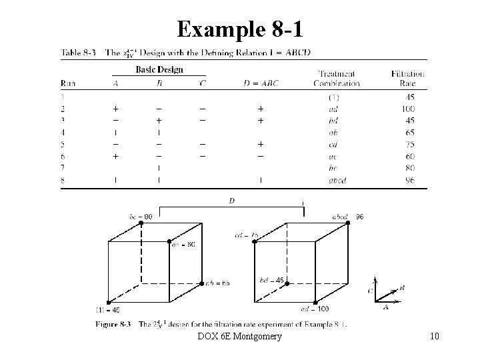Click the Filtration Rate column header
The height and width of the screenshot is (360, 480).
pos(407,78)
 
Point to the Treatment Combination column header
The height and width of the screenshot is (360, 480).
pos(337,78)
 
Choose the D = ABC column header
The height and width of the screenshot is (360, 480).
pos(260,83)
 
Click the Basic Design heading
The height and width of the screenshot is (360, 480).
pos(159,69)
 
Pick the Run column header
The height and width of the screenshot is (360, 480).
pos(68,83)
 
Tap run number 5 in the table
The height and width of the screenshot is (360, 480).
pos(63,145)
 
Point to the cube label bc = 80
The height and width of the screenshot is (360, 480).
pos(141,216)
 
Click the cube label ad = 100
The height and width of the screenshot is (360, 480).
pos(315,309)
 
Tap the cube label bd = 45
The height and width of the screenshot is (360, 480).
pos(272,279)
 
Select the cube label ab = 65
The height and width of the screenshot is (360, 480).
pos(217,283)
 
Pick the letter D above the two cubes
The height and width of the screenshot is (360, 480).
pos(231,199)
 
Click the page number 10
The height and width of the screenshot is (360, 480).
pos(435,337)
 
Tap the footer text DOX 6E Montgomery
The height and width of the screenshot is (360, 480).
pos(239,337)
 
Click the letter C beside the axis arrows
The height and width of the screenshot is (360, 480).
pos(370,291)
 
